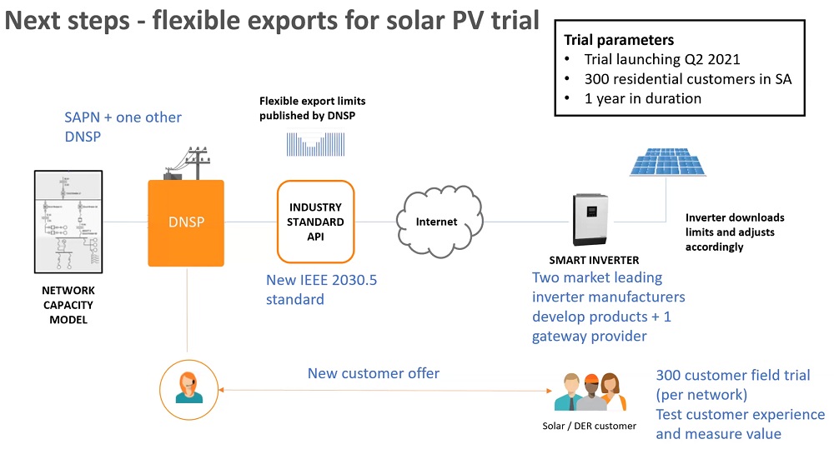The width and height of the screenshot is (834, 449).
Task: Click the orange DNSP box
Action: coord(188,222)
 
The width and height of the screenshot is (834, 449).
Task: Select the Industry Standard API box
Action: coord(315,222)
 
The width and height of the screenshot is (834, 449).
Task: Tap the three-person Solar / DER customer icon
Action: coord(590,391)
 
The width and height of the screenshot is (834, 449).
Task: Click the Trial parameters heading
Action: coord(619,40)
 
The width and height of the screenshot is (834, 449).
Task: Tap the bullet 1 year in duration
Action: coord(642,98)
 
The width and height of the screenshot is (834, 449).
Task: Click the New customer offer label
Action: coord(373,373)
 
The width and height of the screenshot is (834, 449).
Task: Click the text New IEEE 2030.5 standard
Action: coord(321,289)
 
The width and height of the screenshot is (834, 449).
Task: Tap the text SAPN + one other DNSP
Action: coord(123,126)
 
